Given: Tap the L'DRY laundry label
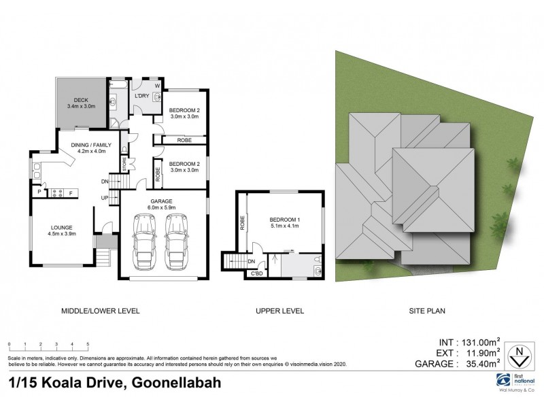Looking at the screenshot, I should [x=142, y=96].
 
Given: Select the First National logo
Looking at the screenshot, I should [x=505, y=379].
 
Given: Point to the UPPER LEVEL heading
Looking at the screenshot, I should [x=279, y=311].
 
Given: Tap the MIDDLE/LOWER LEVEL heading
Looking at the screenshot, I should [x=101, y=311].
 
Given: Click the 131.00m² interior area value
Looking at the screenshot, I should [x=478, y=342].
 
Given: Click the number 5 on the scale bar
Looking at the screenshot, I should [x=88, y=345].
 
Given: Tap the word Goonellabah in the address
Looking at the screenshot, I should [x=175, y=382].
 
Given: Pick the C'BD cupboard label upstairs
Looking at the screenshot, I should [x=256, y=273].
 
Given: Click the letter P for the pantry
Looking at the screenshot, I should [x=39, y=192].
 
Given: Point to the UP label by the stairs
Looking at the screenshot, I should [x=105, y=197].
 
